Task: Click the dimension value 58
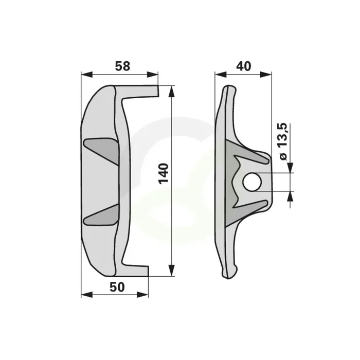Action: tap(122, 66)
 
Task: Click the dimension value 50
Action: tap(117, 287)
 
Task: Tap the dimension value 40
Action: tap(244, 66)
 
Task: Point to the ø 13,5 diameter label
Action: tap(283, 141)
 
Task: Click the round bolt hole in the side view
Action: tap(252, 182)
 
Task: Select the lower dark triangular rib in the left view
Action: tap(101, 214)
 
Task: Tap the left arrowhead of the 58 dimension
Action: tap(87, 75)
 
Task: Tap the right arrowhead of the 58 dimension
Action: tap(152, 75)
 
